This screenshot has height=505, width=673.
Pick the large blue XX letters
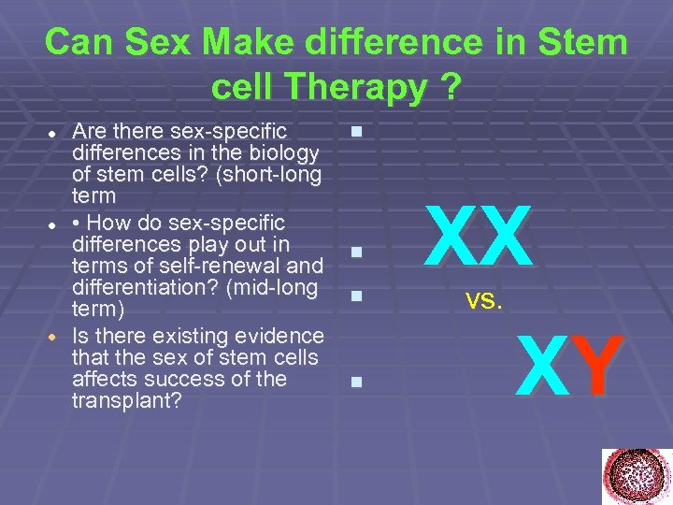[478, 237]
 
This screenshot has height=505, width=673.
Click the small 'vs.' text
[485, 301]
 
